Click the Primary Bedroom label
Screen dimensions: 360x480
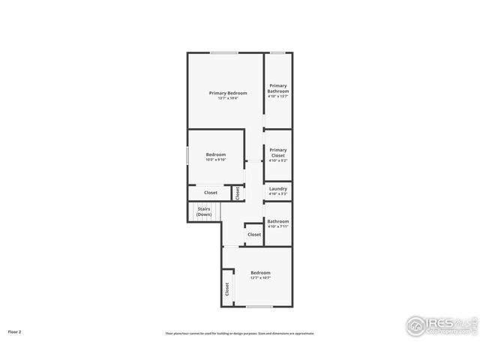pos(228,93)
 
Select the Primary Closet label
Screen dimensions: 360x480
pos(278,152)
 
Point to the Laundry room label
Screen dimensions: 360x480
pos(278,189)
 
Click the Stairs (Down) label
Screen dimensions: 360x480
pos(204,212)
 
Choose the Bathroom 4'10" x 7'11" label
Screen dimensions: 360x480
pos(278,221)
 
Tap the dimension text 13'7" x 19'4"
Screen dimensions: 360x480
pos(228,98)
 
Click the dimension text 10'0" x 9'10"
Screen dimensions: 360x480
pos(216,160)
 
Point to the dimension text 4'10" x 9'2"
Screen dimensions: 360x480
pos(278,160)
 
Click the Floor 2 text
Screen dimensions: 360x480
pos(15,331)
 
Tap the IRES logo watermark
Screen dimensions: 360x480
pos(441,325)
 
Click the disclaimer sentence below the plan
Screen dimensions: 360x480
pos(240,334)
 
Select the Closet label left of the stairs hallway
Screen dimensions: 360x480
pos(211,193)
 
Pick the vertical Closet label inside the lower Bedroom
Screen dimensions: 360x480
pos(226,289)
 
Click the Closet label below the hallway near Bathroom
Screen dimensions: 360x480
pos(254,235)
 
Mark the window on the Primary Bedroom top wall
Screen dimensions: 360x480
pos(224,52)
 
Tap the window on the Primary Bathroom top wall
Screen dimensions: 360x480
pos(277,52)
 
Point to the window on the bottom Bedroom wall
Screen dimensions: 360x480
pos(259,307)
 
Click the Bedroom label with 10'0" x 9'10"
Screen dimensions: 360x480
pos(216,154)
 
